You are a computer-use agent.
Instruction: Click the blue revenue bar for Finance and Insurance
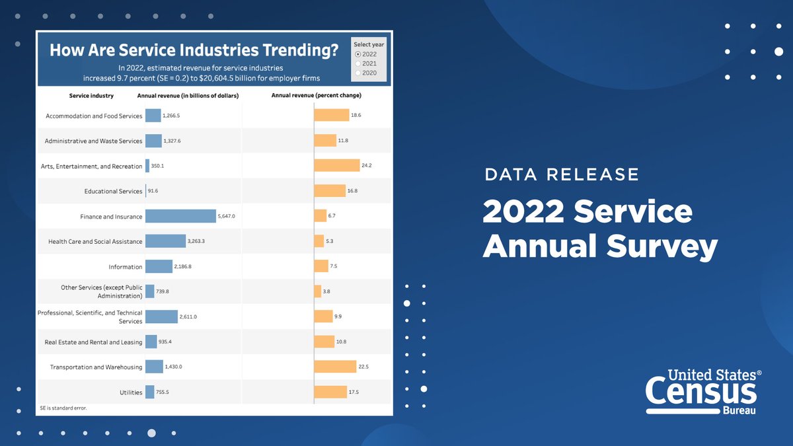180,216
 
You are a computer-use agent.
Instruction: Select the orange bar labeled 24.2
336,166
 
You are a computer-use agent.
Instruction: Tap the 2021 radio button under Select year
358,63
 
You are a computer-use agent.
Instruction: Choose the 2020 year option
358,73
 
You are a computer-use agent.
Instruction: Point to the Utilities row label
131,392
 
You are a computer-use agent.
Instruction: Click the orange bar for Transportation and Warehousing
334,367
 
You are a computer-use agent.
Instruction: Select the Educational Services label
113,192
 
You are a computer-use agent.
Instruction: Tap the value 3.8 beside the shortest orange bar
327,291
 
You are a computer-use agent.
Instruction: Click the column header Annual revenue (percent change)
316,96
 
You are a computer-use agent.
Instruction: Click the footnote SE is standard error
63,408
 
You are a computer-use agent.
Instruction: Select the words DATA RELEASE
562,174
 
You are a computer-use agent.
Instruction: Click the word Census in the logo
700,392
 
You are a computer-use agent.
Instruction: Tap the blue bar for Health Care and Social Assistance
165,241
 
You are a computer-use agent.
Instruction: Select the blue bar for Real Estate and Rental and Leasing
151,342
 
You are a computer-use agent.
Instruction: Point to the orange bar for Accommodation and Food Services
331,116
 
